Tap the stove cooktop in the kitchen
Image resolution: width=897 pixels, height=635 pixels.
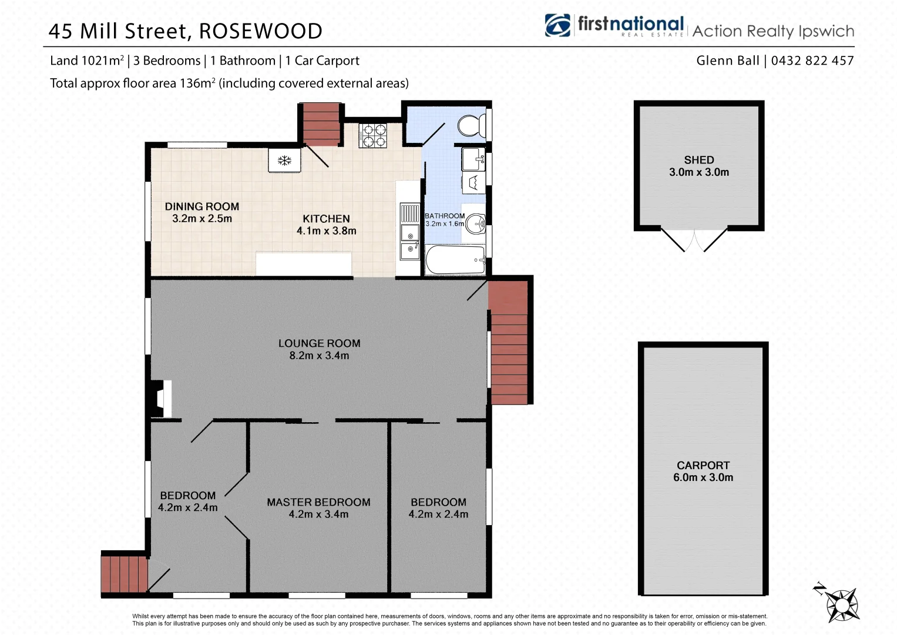click(373, 136)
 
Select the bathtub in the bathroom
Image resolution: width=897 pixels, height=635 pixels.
click(455, 260)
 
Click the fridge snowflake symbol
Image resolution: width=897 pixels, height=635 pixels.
click(285, 161)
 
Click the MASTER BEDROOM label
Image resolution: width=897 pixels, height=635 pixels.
click(318, 502)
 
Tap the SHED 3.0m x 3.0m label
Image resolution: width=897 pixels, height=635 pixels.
click(699, 166)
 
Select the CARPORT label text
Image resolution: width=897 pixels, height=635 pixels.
click(703, 465)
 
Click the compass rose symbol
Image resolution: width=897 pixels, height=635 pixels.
click(842, 604)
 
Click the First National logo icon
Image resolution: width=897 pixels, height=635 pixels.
click(557, 25)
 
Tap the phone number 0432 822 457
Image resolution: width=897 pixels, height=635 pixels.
click(812, 61)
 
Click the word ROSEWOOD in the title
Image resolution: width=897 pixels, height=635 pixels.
click(261, 31)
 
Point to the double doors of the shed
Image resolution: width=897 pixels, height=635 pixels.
click(694, 240)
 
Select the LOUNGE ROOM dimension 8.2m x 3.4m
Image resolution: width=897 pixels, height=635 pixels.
click(319, 356)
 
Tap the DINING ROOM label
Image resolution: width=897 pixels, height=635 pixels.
click(202, 206)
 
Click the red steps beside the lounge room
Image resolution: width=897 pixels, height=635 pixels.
click(509, 343)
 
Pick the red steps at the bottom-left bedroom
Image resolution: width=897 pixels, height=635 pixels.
click(124, 574)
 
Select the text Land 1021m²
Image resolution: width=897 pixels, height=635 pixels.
click(87, 61)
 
